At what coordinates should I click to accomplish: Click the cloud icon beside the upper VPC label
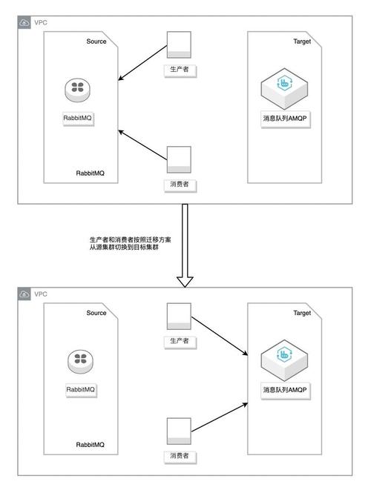[x=24, y=22]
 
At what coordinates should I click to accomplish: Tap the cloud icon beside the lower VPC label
[x=24, y=294]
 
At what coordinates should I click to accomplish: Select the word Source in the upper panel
[x=96, y=42]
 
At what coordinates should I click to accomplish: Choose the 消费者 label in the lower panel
[x=180, y=456]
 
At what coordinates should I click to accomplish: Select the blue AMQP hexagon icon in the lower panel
[x=285, y=360]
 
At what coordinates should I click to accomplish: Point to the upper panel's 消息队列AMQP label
[x=285, y=118]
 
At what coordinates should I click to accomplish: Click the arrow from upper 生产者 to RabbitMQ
[x=143, y=62]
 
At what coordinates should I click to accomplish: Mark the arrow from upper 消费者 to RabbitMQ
[x=143, y=144]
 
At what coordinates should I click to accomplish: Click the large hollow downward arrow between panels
[x=185, y=245]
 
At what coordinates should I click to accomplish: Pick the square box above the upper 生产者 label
[x=180, y=44]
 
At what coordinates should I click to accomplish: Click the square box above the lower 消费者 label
[x=180, y=431]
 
